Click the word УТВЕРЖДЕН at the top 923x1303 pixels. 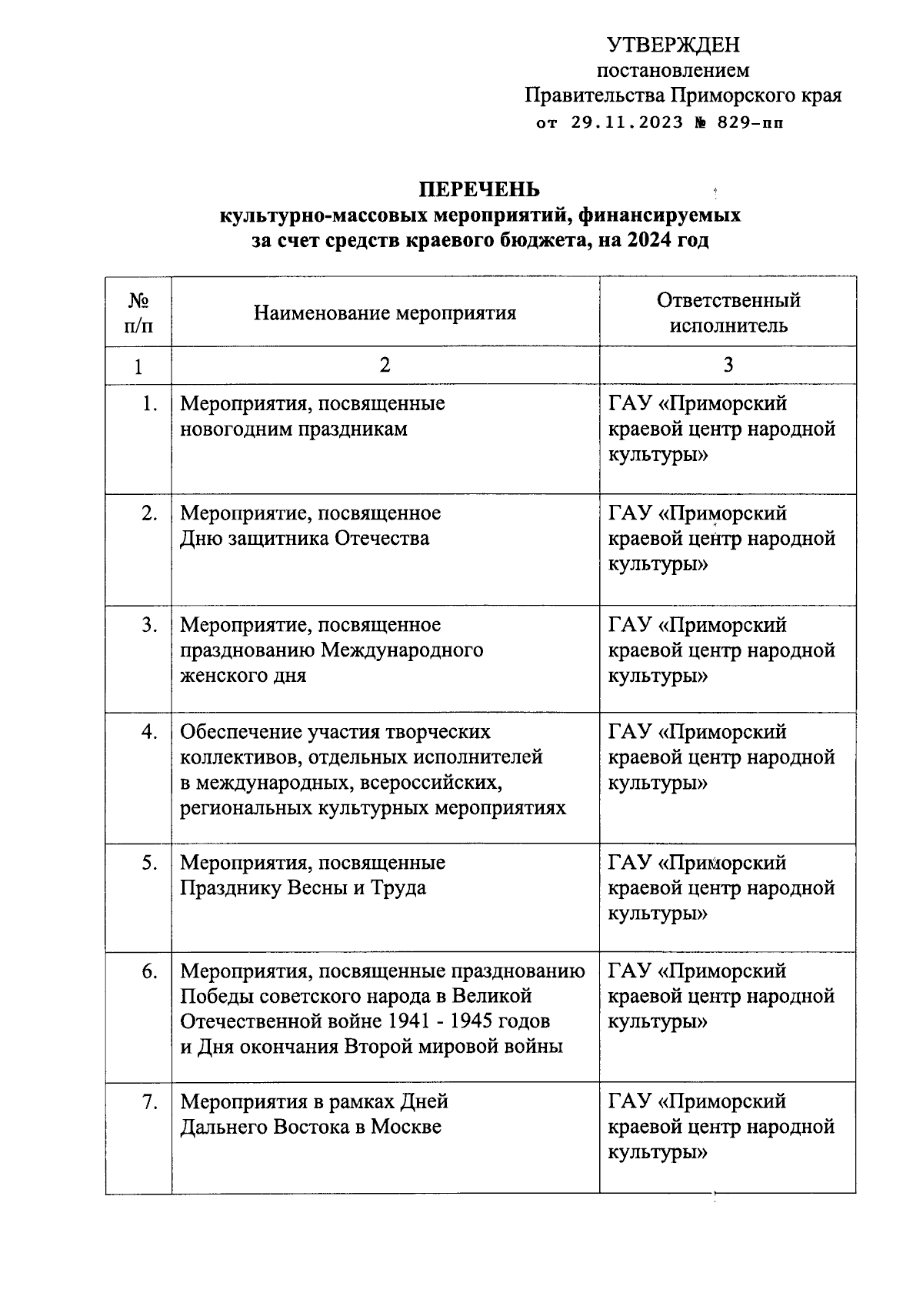click(673, 45)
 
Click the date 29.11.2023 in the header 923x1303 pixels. click(627, 122)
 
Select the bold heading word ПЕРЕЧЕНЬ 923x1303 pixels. click(479, 189)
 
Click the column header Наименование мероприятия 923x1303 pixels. click(385, 312)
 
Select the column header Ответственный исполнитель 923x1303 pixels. click(728, 312)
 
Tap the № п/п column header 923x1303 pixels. click(138, 312)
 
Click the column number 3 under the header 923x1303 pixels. click(728, 365)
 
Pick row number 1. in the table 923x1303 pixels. click(150, 403)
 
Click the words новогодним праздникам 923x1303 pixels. click(294, 429)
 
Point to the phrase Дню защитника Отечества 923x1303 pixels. click(305, 538)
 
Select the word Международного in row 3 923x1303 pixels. click(402, 650)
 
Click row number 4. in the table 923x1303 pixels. click(149, 732)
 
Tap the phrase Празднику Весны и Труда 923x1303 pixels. click(303, 888)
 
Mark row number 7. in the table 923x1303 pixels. click(150, 1102)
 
